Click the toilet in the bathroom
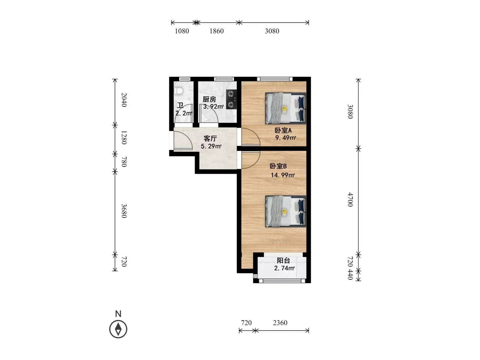(x=179, y=91)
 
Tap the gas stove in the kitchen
(x=231, y=99)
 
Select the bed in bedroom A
(x=286, y=108)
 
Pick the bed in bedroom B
(x=286, y=211)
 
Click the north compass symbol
(x=118, y=329)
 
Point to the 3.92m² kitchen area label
(x=214, y=107)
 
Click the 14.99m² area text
(x=283, y=175)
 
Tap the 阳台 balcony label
(x=283, y=261)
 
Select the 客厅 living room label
(x=210, y=139)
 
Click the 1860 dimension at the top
(x=216, y=31)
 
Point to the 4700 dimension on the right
(x=350, y=199)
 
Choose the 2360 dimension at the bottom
(x=280, y=323)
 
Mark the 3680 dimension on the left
(x=124, y=211)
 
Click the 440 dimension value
(x=350, y=274)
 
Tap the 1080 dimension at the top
(x=182, y=31)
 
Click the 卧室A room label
(x=283, y=130)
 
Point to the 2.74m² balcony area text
(x=284, y=268)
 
